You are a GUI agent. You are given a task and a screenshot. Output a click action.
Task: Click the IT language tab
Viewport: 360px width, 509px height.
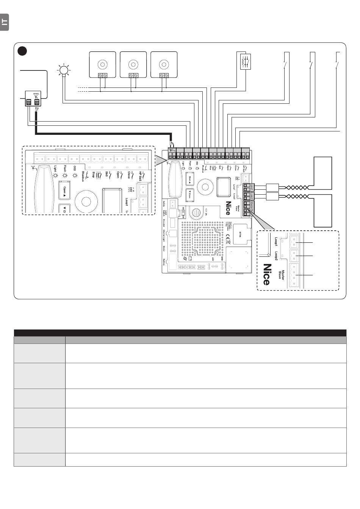pyautogui.click(x=4, y=22)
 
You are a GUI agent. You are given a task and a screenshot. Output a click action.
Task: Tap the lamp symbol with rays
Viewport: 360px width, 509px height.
pyautogui.click(x=64, y=70)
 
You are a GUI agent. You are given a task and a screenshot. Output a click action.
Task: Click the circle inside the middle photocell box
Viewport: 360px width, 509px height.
pyautogui.click(x=133, y=62)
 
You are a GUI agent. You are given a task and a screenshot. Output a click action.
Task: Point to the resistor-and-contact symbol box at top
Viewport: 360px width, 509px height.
pyautogui.click(x=246, y=61)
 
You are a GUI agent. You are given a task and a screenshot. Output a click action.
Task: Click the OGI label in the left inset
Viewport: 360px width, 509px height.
pyautogui.click(x=75, y=169)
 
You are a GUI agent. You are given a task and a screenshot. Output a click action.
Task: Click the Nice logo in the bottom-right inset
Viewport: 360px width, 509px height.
pyautogui.click(x=267, y=274)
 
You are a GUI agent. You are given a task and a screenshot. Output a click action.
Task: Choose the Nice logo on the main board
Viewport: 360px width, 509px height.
pyautogui.click(x=228, y=208)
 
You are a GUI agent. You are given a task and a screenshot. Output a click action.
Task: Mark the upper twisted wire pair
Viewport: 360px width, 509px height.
pyautogui.click(x=296, y=187)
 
